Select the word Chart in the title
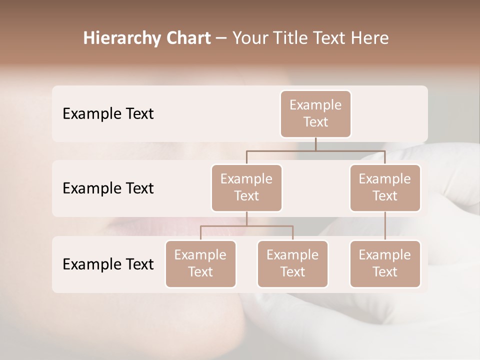click(x=184, y=38)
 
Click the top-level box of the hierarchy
click(x=315, y=114)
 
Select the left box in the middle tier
click(x=246, y=188)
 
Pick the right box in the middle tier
click(x=385, y=188)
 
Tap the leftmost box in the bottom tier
click(x=200, y=264)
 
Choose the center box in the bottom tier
click(x=292, y=264)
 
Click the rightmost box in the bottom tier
click(x=385, y=264)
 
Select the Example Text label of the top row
click(x=108, y=114)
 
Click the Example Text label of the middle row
click(x=108, y=188)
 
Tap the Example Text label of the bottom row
click(x=108, y=264)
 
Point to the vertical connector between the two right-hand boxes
click(x=385, y=226)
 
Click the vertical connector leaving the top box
click(x=315, y=144)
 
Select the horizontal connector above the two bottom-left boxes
click(x=246, y=226)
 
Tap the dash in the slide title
click(x=221, y=38)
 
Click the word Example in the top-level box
click(x=315, y=105)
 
